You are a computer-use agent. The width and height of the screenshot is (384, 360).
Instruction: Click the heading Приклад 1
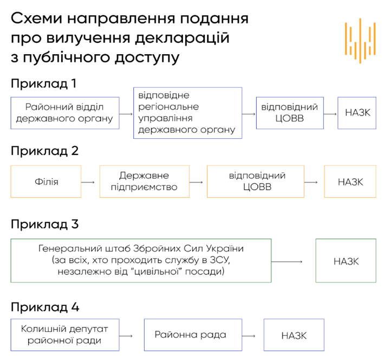click(43, 84)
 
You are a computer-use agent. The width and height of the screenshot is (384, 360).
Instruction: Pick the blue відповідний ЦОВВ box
click(290, 113)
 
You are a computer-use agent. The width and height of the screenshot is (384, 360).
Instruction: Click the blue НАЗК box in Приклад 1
click(357, 113)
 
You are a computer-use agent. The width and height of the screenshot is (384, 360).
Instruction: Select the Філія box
click(46, 181)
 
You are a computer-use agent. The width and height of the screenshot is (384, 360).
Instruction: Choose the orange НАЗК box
click(350, 181)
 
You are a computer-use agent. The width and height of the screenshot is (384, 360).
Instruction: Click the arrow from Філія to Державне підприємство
click(89, 182)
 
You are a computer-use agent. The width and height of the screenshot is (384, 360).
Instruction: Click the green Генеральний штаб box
click(141, 261)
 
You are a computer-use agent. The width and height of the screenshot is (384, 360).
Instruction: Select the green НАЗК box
click(346, 261)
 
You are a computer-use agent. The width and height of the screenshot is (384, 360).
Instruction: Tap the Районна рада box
click(190, 336)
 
